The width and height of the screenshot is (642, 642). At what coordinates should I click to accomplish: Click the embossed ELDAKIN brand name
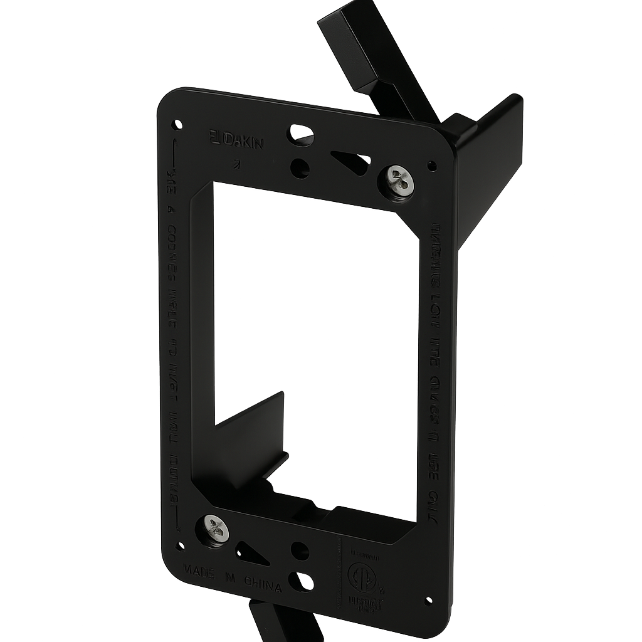point(236,141)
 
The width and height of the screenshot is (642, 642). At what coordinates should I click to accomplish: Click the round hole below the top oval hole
point(300,168)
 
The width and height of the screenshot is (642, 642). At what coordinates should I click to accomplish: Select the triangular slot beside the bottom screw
point(251,554)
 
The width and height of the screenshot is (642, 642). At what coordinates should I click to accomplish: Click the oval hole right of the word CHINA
point(302,581)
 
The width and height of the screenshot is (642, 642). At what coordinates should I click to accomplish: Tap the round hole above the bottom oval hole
point(300,550)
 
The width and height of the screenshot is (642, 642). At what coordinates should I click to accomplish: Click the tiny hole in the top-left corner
point(177,124)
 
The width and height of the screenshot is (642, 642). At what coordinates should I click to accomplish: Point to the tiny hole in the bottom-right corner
point(428,601)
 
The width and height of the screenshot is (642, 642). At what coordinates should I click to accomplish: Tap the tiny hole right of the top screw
point(432,166)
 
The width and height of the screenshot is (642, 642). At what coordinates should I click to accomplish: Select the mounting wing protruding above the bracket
point(376,56)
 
